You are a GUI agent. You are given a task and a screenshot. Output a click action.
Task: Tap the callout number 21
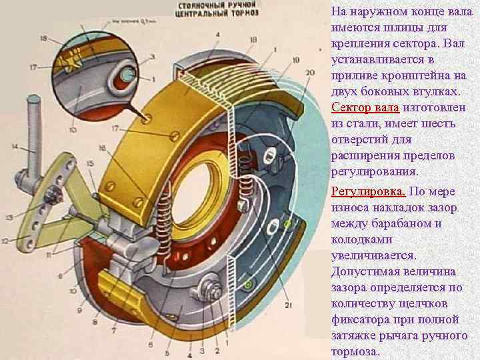point(289,306)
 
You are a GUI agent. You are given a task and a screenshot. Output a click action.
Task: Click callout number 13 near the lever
point(9,218)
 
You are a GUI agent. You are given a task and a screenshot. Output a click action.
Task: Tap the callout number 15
point(90,163)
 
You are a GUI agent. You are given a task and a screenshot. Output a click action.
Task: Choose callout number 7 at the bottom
point(113,329)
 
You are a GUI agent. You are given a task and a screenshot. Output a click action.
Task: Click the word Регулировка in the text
point(368,192)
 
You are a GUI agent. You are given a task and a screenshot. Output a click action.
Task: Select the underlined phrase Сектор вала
point(365,108)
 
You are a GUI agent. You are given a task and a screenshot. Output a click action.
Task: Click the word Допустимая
point(365,272)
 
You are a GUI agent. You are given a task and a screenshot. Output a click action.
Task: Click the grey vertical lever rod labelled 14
point(33,133)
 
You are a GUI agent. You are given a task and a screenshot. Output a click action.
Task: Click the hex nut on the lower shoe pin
point(213,291)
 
